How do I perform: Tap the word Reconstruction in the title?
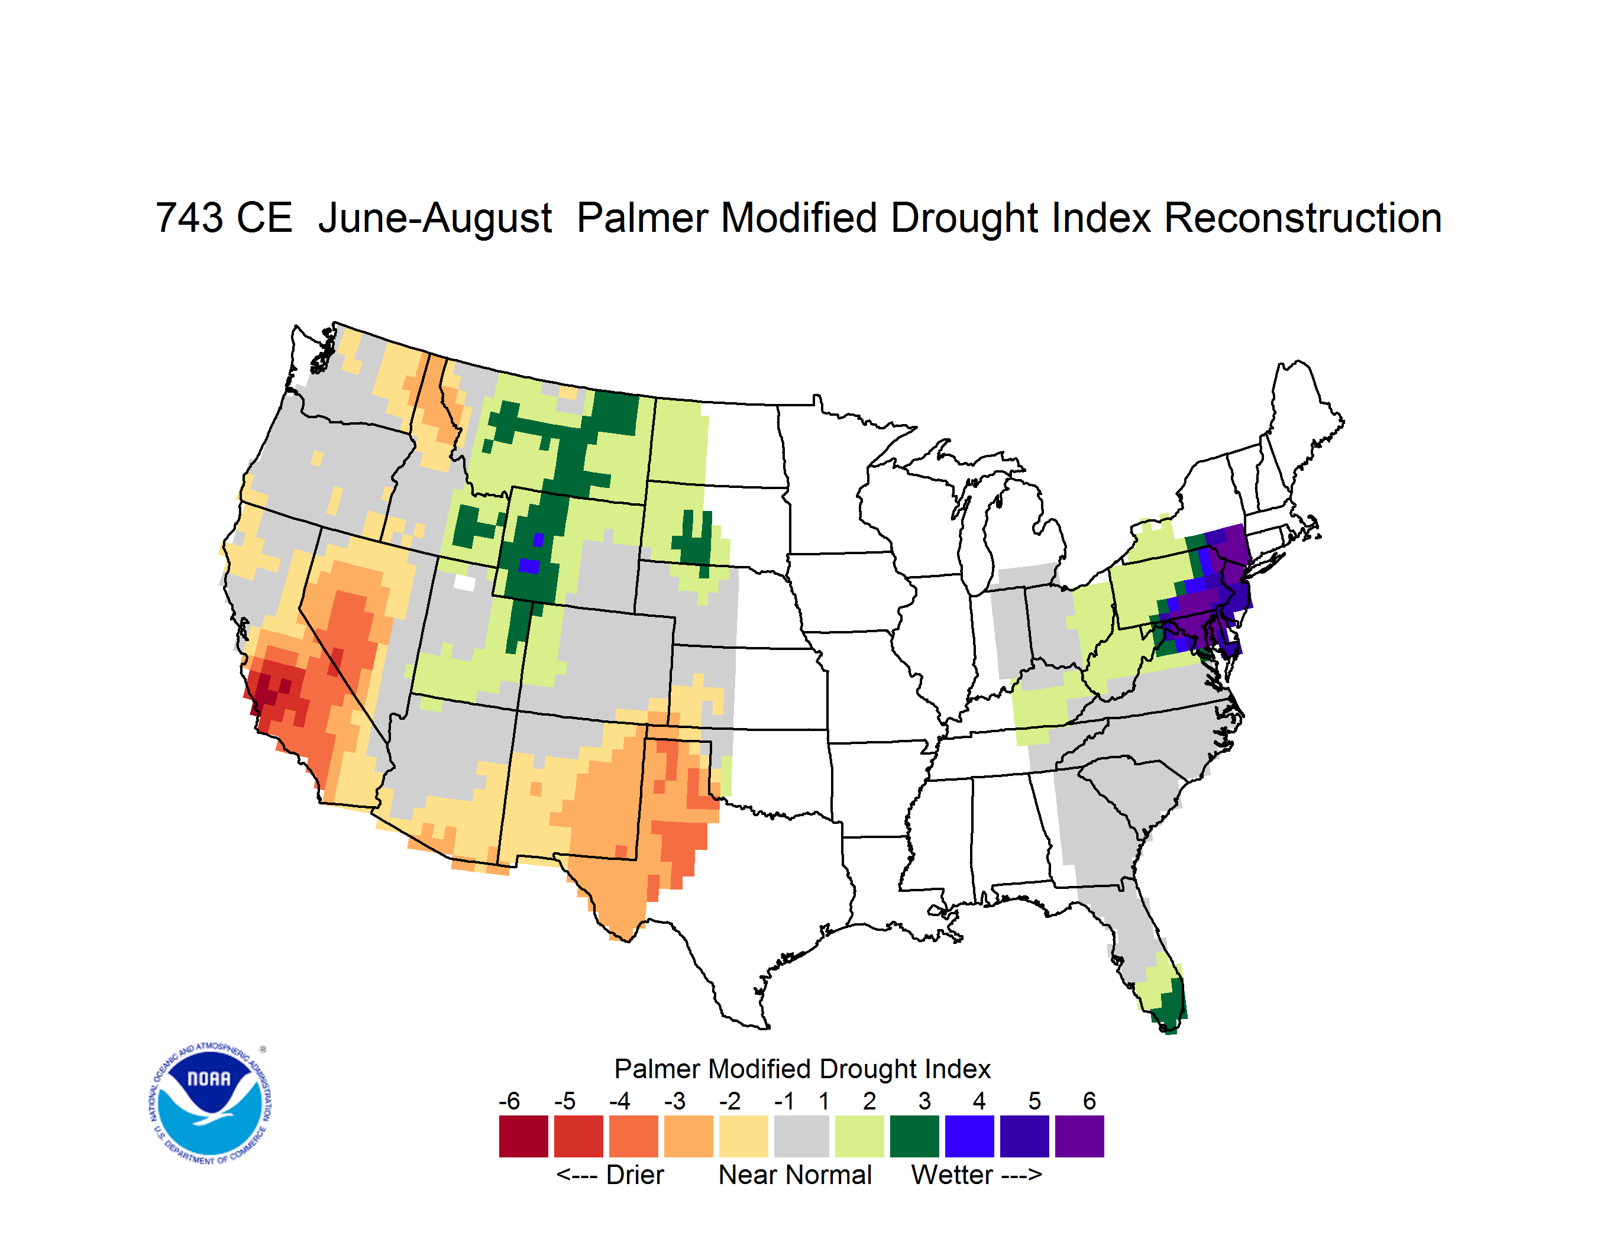[1302, 218]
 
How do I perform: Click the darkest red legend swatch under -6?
[523, 1136]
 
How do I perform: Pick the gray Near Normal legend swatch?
[801, 1136]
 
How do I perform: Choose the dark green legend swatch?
[914, 1136]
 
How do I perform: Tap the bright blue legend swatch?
[969, 1136]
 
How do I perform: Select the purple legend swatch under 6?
[1079, 1136]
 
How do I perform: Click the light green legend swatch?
[859, 1136]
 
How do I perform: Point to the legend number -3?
[674, 1100]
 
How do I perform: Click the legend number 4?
[979, 1100]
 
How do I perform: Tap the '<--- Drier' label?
[610, 1175]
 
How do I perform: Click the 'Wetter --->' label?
[976, 1175]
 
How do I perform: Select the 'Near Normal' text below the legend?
[795, 1175]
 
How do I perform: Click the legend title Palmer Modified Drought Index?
[802, 1069]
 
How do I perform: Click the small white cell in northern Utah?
[464, 583]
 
